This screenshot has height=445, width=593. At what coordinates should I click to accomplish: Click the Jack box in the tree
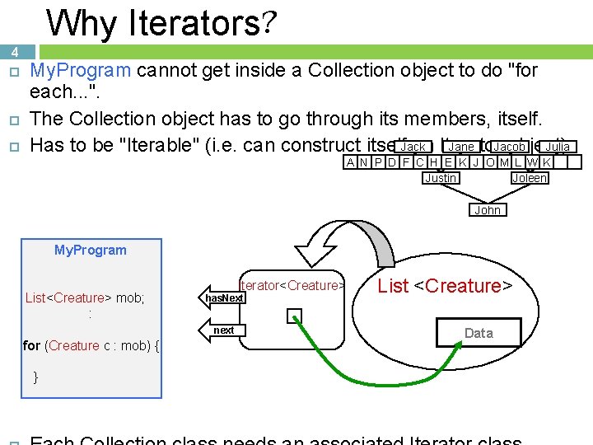(x=413, y=147)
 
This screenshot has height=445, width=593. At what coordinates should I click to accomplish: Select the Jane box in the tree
(x=460, y=147)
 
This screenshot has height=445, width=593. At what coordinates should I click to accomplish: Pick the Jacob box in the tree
(x=510, y=147)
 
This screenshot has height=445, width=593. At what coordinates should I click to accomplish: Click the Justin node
(x=441, y=178)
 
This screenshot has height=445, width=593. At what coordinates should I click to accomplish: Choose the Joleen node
(x=529, y=178)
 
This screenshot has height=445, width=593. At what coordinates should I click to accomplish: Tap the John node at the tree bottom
(x=488, y=210)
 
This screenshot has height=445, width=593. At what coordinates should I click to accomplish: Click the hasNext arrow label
(x=224, y=297)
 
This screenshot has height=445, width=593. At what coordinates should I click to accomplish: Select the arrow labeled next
(x=224, y=330)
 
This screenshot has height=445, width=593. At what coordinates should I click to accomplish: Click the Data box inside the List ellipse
(x=479, y=333)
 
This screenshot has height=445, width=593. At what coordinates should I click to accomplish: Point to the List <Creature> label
(x=445, y=286)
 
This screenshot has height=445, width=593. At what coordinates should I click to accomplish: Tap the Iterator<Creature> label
(x=291, y=285)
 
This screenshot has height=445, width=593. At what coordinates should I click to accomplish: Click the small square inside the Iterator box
(x=295, y=316)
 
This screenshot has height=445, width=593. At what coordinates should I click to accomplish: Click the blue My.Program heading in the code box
(x=90, y=250)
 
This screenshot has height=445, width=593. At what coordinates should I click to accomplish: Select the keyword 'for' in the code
(x=32, y=345)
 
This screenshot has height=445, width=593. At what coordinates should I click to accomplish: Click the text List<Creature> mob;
(x=85, y=297)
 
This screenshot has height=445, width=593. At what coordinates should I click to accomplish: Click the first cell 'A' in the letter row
(x=351, y=162)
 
